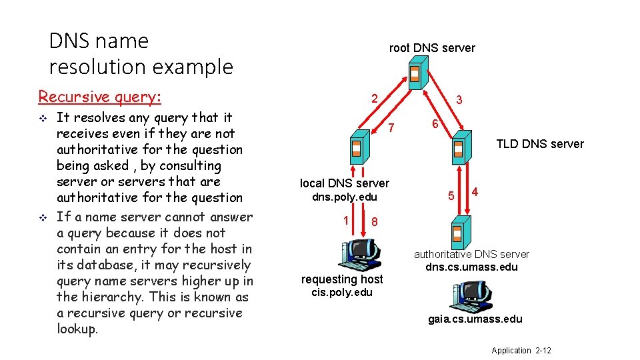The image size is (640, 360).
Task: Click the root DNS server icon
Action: [x=415, y=73]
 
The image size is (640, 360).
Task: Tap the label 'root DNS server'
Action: [x=432, y=48]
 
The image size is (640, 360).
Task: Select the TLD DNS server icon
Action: [x=459, y=149]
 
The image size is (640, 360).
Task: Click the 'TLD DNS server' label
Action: [x=540, y=144]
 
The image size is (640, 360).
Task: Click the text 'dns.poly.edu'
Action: [x=345, y=197]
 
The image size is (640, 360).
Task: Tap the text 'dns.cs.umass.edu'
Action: [x=471, y=267]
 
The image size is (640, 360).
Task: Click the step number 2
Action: [x=375, y=99]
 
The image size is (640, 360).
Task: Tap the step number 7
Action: [x=392, y=127]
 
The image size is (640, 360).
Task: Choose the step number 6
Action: [x=434, y=125]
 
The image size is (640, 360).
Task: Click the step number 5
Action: [x=451, y=196]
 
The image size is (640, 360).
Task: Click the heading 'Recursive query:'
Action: [x=100, y=97]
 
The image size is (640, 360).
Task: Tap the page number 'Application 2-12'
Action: [x=521, y=351]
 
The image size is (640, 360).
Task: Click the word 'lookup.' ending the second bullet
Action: [x=77, y=329]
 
